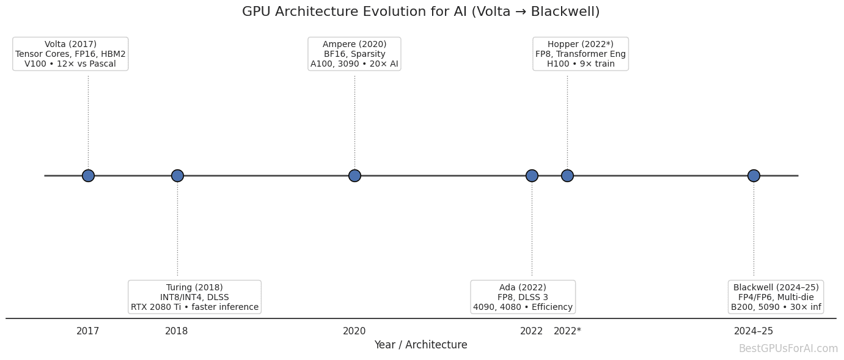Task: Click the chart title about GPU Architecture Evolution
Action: [420, 12]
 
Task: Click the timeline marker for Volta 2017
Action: [88, 175]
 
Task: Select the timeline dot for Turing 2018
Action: [177, 175]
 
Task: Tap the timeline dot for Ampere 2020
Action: [354, 175]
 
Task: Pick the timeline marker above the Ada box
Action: [532, 175]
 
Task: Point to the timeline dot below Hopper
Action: [567, 175]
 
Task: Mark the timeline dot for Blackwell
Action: [754, 175]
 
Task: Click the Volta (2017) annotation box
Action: [70, 54]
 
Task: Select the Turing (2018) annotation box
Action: [194, 297]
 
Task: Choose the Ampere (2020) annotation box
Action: [354, 54]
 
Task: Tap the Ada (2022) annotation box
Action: [523, 297]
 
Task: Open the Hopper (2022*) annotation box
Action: [580, 54]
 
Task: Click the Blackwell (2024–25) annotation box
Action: [776, 297]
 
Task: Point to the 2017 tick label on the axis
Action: [88, 331]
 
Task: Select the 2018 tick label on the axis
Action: [177, 331]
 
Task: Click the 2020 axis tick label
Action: [354, 331]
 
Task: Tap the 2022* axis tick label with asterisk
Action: [567, 331]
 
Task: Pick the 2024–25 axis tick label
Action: [754, 331]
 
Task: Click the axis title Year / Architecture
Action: [420, 345]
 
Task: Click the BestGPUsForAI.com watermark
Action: [788, 349]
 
